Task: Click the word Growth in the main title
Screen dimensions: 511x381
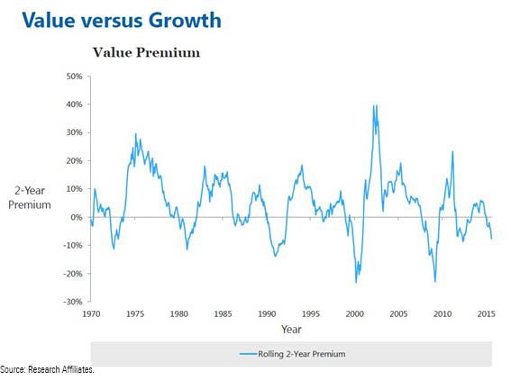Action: (x=185, y=20)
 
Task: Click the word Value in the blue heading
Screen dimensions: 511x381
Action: (x=49, y=20)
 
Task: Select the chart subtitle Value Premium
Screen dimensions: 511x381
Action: (x=146, y=52)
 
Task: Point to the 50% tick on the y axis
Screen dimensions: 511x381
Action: (x=74, y=77)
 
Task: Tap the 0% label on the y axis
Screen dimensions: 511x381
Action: (x=77, y=217)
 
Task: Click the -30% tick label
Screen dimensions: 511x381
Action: (x=72, y=302)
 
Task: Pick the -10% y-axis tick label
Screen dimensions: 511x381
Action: (x=72, y=245)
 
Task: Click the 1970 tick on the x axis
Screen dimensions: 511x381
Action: (x=91, y=314)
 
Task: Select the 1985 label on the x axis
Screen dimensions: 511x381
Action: (x=223, y=314)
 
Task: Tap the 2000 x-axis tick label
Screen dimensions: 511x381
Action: (x=354, y=314)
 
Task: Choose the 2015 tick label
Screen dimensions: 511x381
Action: (x=487, y=314)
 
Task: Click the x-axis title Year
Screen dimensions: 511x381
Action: (x=291, y=330)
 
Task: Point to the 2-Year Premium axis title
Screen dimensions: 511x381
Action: (x=30, y=197)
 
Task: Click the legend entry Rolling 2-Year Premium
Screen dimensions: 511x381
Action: (x=301, y=354)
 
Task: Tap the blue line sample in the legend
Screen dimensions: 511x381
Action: (x=248, y=354)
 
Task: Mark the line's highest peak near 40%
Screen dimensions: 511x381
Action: (x=374, y=105)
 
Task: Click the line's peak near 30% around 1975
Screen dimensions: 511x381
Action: (x=136, y=133)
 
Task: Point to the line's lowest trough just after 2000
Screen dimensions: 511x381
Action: (x=356, y=282)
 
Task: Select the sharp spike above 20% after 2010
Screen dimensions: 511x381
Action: (x=452, y=151)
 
